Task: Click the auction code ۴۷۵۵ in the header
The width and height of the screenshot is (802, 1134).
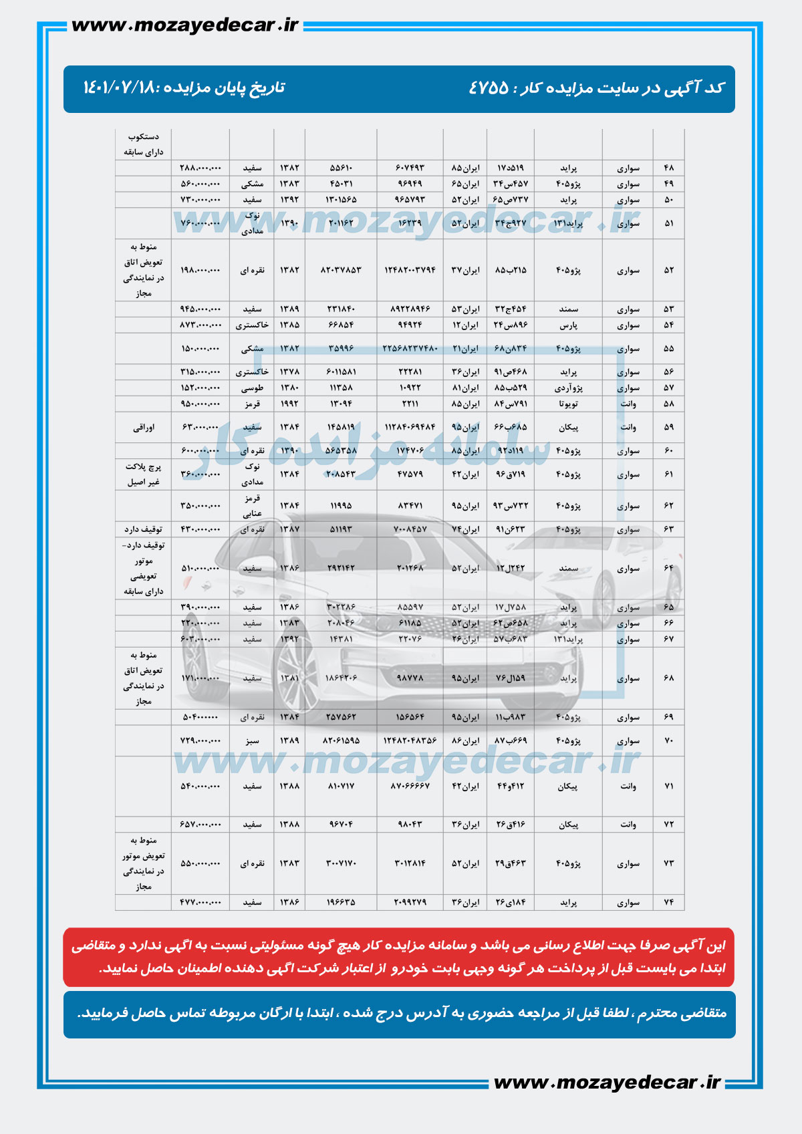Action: [x=489, y=88]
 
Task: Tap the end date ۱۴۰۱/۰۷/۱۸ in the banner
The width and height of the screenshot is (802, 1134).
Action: [x=118, y=88]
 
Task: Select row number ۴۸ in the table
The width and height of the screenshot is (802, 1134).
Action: [x=669, y=168]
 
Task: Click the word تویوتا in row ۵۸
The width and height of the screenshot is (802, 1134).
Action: [x=567, y=404]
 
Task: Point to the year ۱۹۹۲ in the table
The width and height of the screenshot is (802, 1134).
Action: [x=289, y=404]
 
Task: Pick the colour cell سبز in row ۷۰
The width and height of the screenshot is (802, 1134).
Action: [x=252, y=741]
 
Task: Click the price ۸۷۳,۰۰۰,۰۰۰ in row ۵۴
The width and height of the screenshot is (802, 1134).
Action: [x=200, y=325]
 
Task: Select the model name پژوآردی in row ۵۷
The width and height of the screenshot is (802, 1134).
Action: [x=568, y=388]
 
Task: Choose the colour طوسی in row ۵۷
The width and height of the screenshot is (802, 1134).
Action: [x=252, y=388]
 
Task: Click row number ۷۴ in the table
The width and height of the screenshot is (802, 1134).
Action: [x=669, y=902]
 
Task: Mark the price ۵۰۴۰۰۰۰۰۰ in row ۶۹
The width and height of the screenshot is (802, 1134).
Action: [x=200, y=717]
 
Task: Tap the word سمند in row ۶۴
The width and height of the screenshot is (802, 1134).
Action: [x=568, y=569]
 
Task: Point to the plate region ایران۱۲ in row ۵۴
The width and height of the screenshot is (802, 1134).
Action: [x=465, y=325]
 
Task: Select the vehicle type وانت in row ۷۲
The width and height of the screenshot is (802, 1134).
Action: [x=628, y=825]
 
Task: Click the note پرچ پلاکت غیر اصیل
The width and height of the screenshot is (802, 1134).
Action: [x=143, y=474]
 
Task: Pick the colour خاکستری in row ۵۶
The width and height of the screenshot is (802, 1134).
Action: [x=252, y=372]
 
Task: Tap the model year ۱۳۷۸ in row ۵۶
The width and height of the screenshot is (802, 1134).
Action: [x=289, y=372]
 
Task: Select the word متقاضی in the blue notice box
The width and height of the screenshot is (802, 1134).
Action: [x=701, y=1014]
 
